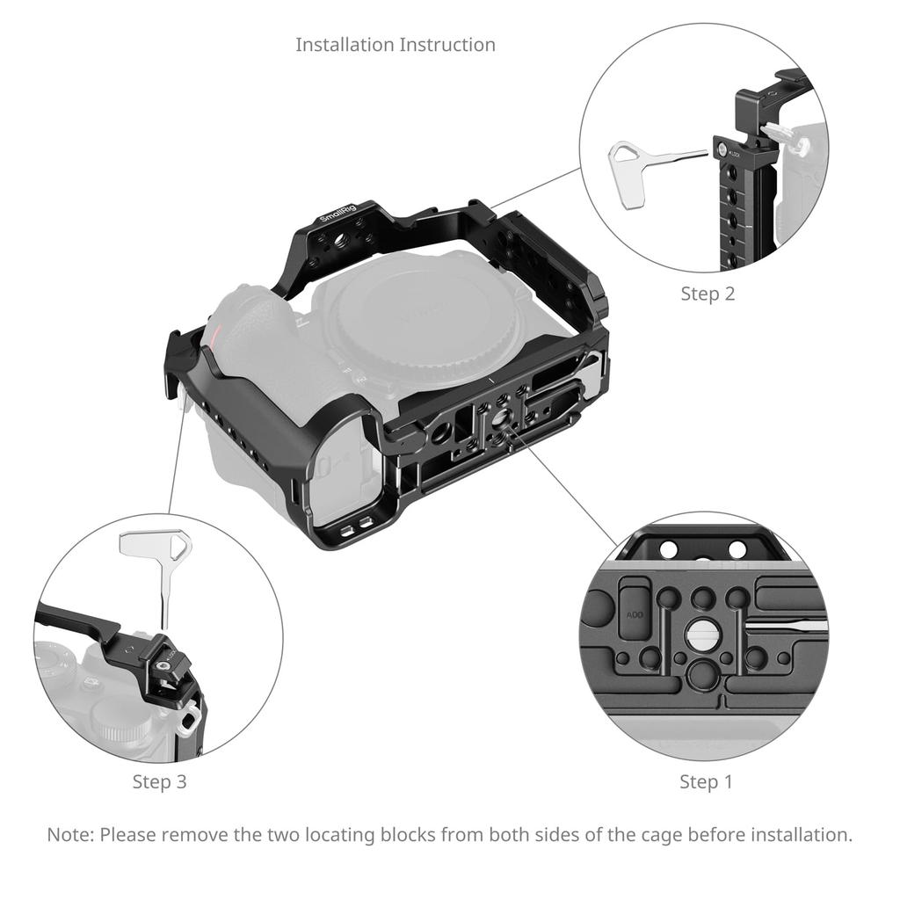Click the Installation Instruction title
click(395, 45)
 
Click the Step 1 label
click(705, 781)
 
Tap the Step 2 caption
click(707, 294)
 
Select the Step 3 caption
click(159, 781)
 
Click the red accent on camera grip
click(208, 335)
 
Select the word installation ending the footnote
click(801, 834)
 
